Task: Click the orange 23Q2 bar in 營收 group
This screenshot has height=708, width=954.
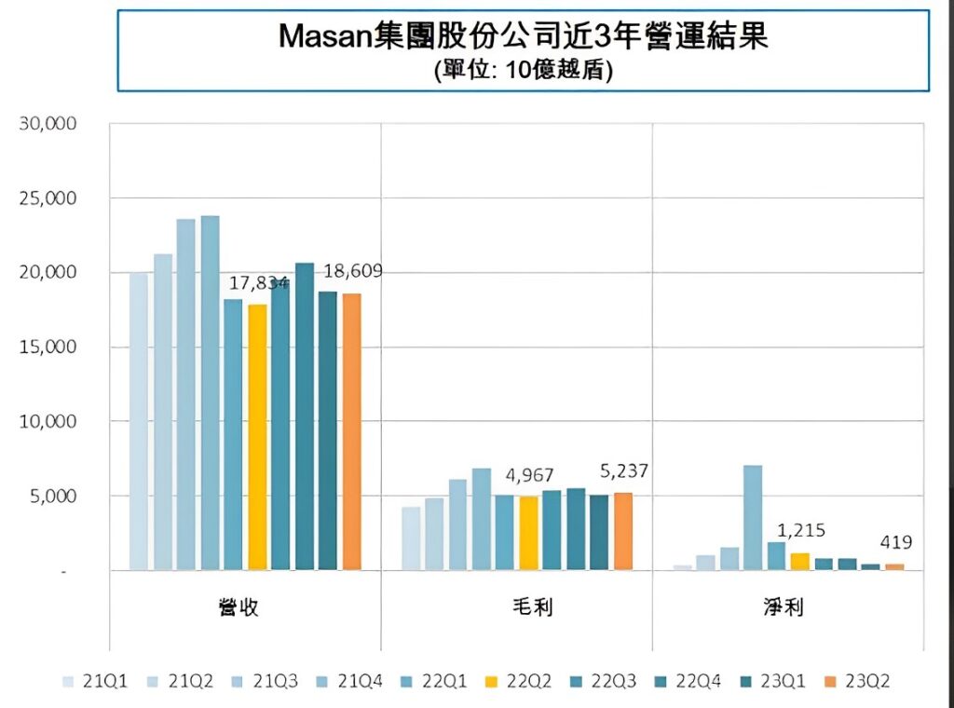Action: click(x=351, y=431)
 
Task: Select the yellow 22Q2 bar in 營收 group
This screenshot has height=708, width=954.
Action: click(x=257, y=437)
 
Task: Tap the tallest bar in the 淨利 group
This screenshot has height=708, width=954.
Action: click(x=753, y=517)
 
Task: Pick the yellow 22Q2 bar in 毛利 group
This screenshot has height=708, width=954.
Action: click(x=528, y=532)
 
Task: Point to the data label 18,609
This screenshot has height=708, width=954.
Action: click(x=353, y=271)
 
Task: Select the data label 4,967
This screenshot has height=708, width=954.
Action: click(x=530, y=476)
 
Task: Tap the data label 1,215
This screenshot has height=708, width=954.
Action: click(x=800, y=531)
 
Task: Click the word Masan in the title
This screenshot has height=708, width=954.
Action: click(x=326, y=37)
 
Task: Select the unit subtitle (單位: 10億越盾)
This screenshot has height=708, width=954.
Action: click(x=523, y=72)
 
